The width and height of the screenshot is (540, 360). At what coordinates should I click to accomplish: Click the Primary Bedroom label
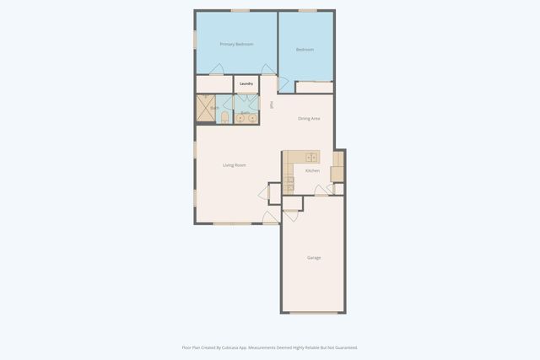[236, 44]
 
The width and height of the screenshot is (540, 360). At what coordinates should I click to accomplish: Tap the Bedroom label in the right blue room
[305, 50]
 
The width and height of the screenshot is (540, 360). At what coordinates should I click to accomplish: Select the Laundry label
[246, 83]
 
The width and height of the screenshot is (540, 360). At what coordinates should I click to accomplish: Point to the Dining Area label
[309, 118]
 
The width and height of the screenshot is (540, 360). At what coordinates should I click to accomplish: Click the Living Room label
[234, 165]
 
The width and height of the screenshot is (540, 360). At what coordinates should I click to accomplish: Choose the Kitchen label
[312, 171]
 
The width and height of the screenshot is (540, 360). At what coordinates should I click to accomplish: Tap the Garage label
[313, 257]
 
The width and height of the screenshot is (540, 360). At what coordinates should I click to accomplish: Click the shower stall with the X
[207, 109]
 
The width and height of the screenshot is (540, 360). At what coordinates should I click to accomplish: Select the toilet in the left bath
[224, 118]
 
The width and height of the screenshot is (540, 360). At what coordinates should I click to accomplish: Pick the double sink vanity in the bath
[246, 118]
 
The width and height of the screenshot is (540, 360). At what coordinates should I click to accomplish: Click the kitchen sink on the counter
[310, 157]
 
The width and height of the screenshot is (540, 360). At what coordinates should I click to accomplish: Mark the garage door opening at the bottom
[314, 312]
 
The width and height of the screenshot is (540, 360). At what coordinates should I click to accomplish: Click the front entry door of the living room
[270, 218]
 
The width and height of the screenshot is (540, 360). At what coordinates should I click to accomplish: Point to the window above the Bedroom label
[307, 11]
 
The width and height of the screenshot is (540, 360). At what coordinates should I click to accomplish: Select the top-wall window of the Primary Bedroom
[240, 11]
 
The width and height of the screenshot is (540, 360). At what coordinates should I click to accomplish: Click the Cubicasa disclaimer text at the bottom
[269, 347]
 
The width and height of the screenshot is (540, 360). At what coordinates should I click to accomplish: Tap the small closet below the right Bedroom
[314, 87]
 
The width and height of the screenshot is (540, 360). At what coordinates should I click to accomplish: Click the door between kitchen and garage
[291, 214]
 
